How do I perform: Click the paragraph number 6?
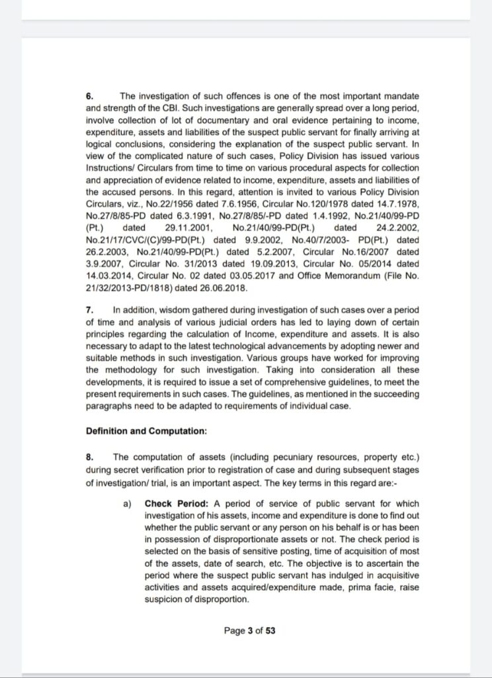89,96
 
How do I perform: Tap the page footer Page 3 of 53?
249,630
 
